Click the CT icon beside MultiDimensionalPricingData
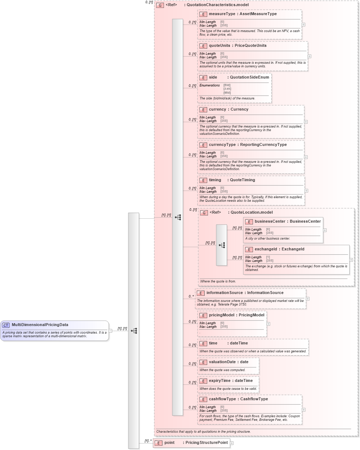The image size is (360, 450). (6, 325)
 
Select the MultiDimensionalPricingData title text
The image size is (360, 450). (40, 325)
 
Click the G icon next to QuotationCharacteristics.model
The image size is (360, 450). (160, 5)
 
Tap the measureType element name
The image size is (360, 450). (222, 14)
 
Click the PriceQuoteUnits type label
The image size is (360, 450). (250, 45)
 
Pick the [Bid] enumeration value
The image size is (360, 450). (227, 85)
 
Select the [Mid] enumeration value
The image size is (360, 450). (227, 93)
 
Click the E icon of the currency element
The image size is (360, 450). (203, 110)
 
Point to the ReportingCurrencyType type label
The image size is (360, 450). (263, 144)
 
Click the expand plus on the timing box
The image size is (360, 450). (306, 191)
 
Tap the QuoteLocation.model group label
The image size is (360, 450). (252, 212)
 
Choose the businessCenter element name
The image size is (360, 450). (270, 221)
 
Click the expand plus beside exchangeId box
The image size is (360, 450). (351, 259)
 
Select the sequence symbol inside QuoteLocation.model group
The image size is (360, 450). (222, 245)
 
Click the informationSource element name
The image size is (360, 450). (225, 293)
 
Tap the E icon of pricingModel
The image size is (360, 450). (203, 315)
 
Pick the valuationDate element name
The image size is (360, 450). (222, 362)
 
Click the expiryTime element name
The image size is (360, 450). (220, 380)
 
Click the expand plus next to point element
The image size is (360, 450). (232, 443)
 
